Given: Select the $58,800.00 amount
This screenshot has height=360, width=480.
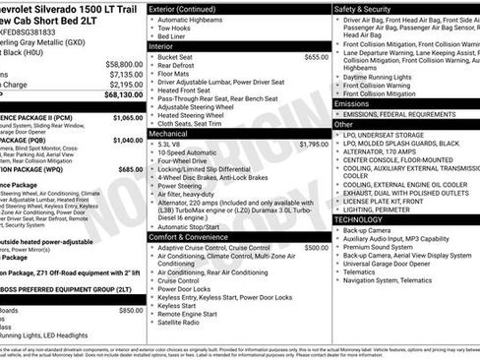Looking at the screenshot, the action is [123, 62].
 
